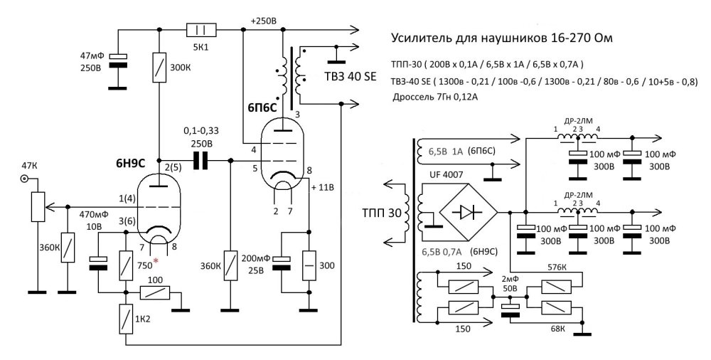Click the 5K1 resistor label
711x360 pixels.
[x=201, y=46]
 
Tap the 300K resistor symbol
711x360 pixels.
[x=159, y=67]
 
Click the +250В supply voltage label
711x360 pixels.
[x=263, y=21]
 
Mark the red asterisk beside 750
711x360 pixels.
[x=156, y=260]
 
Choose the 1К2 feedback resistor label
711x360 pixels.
[x=142, y=319]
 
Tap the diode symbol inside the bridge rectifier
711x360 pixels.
[x=468, y=212]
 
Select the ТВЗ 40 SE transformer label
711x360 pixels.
[x=351, y=76]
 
